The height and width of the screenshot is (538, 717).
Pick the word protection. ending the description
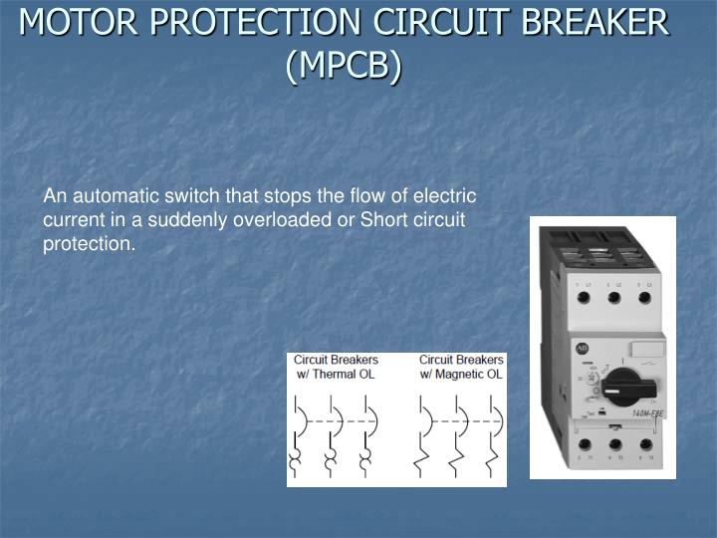89,244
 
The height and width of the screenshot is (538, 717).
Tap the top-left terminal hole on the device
582,296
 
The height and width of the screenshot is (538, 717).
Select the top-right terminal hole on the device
645,296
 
